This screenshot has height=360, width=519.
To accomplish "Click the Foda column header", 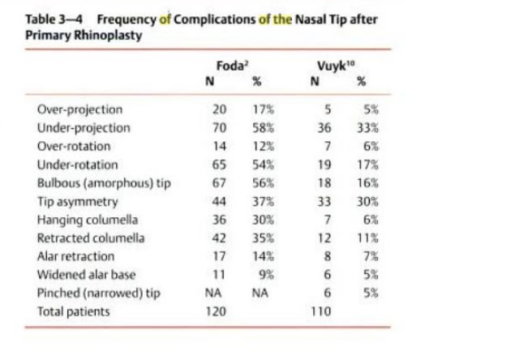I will coord(231,66).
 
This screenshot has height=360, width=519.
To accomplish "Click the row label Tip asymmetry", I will coord(78,201).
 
